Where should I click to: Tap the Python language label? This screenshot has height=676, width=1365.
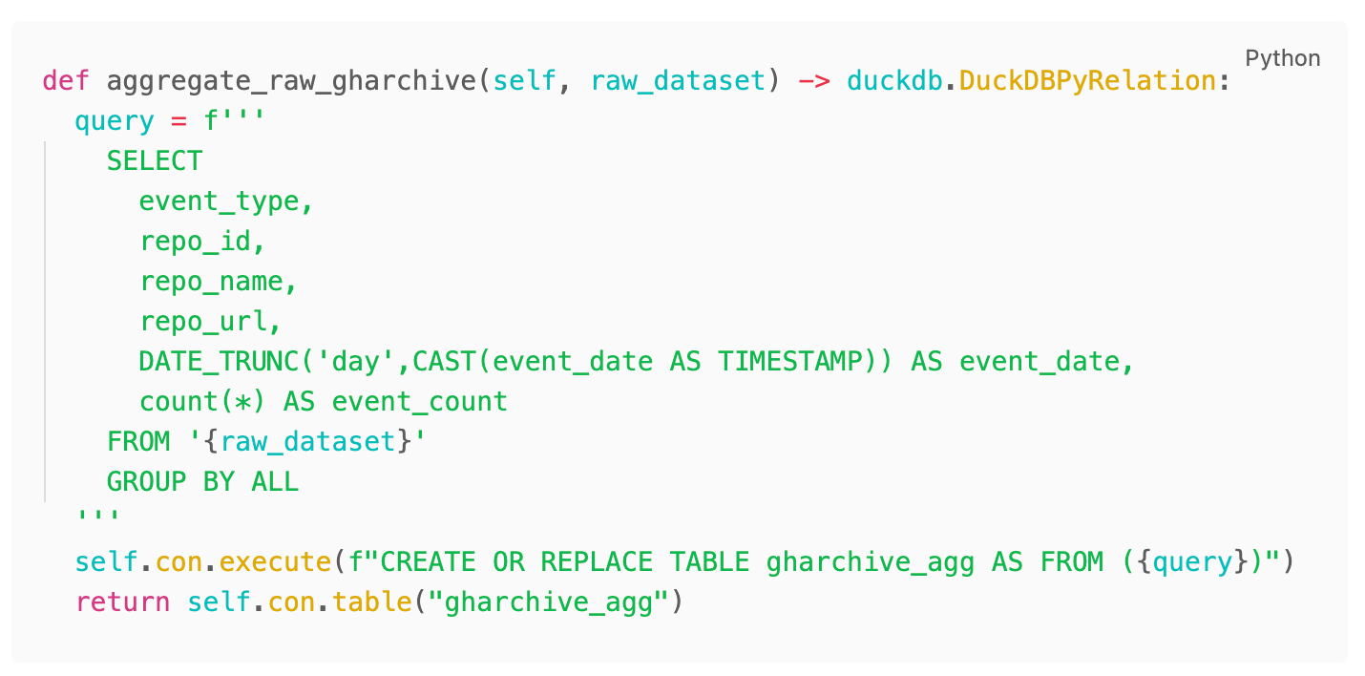click(x=1283, y=58)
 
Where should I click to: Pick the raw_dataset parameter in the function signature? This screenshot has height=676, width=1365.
click(x=678, y=80)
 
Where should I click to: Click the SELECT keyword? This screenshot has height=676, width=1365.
click(x=155, y=160)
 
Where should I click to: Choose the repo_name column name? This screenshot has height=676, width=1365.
click(x=211, y=282)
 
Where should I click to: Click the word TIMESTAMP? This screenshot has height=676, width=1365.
click(x=798, y=362)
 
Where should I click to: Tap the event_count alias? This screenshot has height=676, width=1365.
click(x=420, y=402)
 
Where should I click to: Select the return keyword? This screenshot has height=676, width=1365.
click(x=122, y=602)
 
